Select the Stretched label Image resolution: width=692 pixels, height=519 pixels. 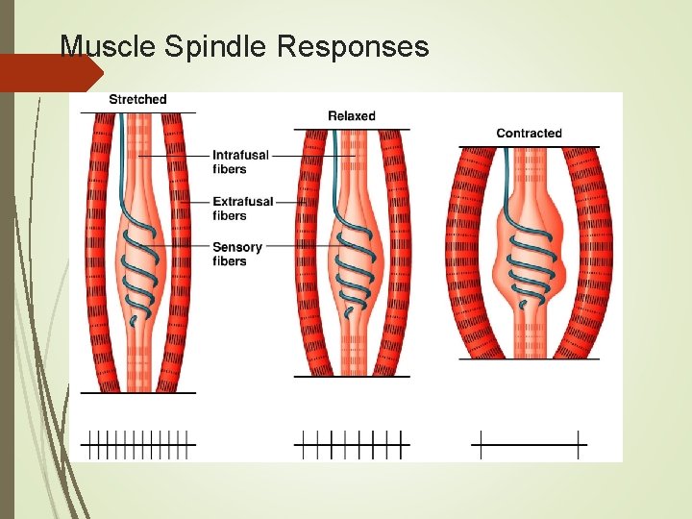[137, 99]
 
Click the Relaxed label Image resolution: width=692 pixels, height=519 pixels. [352, 116]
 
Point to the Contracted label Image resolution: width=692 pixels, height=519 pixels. [529, 134]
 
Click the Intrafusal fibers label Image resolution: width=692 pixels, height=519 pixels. [241, 161]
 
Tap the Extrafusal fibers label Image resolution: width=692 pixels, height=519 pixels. [243, 208]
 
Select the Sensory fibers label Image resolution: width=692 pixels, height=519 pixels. [237, 254]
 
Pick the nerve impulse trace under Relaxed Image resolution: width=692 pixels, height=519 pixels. [351, 444]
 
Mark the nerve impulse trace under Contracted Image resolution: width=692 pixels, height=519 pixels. [529, 444]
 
